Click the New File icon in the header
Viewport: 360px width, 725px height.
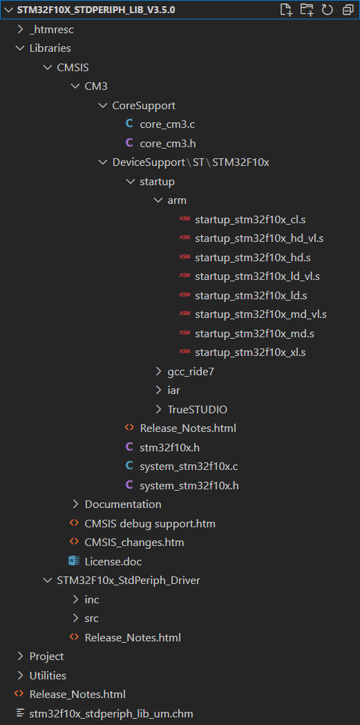click(x=287, y=10)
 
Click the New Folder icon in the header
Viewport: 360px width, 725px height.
click(x=307, y=10)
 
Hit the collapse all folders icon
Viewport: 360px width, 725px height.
click(x=348, y=10)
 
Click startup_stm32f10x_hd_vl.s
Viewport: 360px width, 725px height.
click(x=259, y=238)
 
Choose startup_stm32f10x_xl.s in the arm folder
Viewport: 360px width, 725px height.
click(x=250, y=352)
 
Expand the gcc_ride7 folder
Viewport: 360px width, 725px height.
click(x=191, y=371)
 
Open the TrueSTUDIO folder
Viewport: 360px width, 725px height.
click(x=198, y=409)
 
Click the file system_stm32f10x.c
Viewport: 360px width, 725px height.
click(x=189, y=466)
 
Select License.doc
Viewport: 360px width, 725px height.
click(x=113, y=561)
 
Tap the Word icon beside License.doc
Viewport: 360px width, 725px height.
click(x=74, y=561)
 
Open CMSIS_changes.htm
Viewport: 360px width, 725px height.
click(x=135, y=543)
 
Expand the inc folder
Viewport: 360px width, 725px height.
click(x=92, y=599)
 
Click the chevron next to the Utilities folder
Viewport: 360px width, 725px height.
click(x=20, y=675)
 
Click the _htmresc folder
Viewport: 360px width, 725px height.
click(x=52, y=30)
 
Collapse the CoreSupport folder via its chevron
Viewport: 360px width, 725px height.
click(x=102, y=106)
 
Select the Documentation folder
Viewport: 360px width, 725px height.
click(x=123, y=504)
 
